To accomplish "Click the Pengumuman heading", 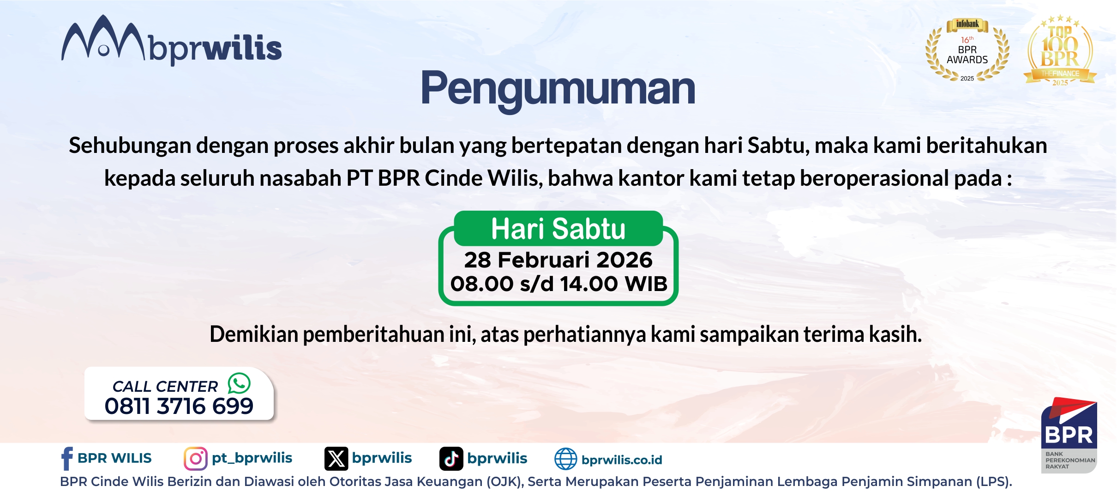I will pyautogui.click(x=558, y=89).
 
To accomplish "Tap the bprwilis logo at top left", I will pyautogui.click(x=171, y=42).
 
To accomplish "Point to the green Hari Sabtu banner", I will pyautogui.click(x=558, y=229).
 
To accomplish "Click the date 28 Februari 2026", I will pyautogui.click(x=558, y=260).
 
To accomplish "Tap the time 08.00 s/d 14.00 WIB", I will pyautogui.click(x=558, y=284).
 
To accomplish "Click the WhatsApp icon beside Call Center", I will pyautogui.click(x=239, y=383).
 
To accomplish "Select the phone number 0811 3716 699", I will pyautogui.click(x=179, y=406).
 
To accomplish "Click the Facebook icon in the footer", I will pyautogui.click(x=67, y=458).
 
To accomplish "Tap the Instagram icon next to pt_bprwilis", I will pyautogui.click(x=195, y=458).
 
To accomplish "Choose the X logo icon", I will pyautogui.click(x=336, y=458).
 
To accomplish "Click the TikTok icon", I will pyautogui.click(x=451, y=458).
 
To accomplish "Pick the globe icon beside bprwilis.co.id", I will pyautogui.click(x=565, y=459).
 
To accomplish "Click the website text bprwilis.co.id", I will pyautogui.click(x=622, y=460).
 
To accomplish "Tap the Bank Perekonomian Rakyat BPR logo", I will pyautogui.click(x=1069, y=434).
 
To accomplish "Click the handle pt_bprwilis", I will pyautogui.click(x=252, y=458).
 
